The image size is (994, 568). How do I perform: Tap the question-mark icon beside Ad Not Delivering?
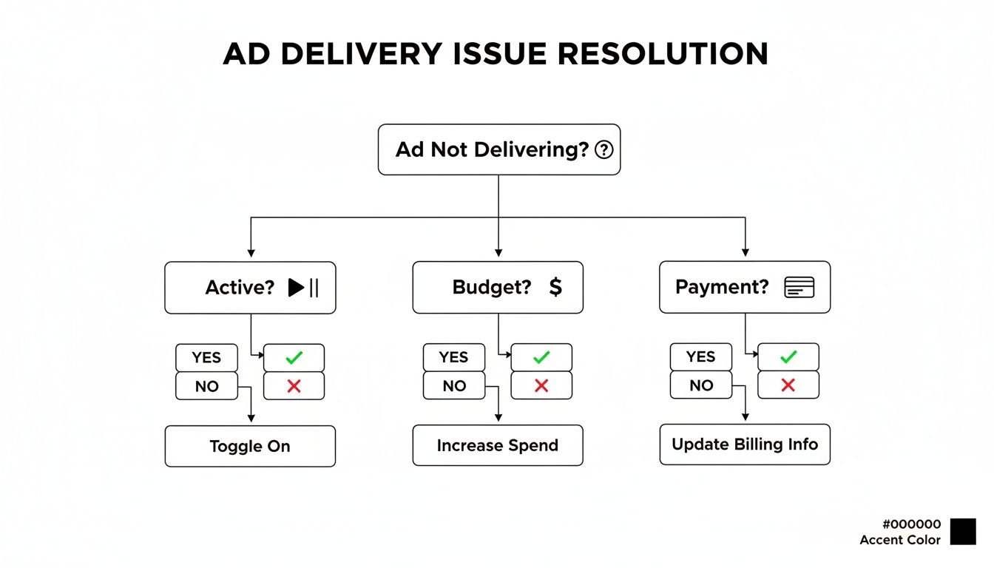pos(604,150)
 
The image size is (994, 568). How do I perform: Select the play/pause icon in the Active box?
pos(303,288)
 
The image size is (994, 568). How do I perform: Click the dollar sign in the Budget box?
pos(555,287)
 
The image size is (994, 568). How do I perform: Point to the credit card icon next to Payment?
pos(799,287)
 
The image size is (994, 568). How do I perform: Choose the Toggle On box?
pos(250,446)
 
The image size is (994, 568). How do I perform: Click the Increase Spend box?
pos(497,445)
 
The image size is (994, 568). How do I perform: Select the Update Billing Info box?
pos(745,444)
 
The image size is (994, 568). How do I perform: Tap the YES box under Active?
pos(206,358)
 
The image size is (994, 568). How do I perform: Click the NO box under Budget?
pos(454,386)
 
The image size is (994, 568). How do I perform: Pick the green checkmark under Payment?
pos(788,357)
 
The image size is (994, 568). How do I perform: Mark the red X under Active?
pos(294,386)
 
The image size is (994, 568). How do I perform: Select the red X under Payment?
pos(788,385)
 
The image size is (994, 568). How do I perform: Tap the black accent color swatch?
pos(963,532)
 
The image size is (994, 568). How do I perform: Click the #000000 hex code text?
pos(911,524)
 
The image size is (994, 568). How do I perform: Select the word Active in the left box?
pos(240,288)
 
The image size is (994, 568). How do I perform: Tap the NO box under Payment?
pos(701,385)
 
